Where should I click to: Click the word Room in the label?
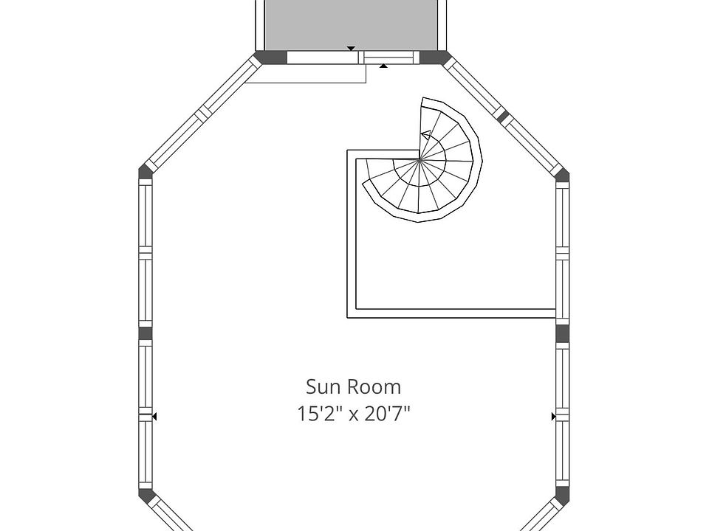pyautogui.click(x=374, y=387)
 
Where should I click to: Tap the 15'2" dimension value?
pyautogui.click(x=318, y=414)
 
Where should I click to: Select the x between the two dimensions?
pyautogui.click(x=353, y=415)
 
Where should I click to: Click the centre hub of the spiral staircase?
pyautogui.click(x=419, y=159)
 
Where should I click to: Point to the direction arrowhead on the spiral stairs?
pyautogui.click(x=425, y=134)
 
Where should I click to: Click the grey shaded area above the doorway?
pyautogui.click(x=352, y=25)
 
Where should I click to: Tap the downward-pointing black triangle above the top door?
pyautogui.click(x=351, y=49)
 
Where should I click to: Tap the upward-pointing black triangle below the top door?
pyautogui.click(x=383, y=66)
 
